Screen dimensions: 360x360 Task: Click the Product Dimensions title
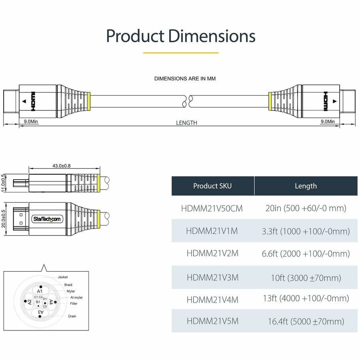[180, 36]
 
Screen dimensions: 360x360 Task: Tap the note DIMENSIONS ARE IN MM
[185, 78]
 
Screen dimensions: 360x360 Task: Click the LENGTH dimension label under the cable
[186, 123]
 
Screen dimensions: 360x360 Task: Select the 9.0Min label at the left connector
[31, 121]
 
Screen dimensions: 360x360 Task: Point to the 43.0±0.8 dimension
[61, 166]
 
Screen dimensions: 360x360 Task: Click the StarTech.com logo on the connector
[47, 218]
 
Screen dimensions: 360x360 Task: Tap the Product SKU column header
[212, 186]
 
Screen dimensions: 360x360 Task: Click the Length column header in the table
[306, 186]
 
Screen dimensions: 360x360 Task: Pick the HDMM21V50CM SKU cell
[212, 208]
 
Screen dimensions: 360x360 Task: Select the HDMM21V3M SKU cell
[212, 277]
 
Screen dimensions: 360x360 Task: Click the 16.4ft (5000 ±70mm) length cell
[306, 321]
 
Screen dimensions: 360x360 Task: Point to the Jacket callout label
[63, 277]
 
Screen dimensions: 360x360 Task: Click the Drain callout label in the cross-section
[72, 316]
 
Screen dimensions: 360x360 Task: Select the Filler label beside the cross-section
[73, 304]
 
